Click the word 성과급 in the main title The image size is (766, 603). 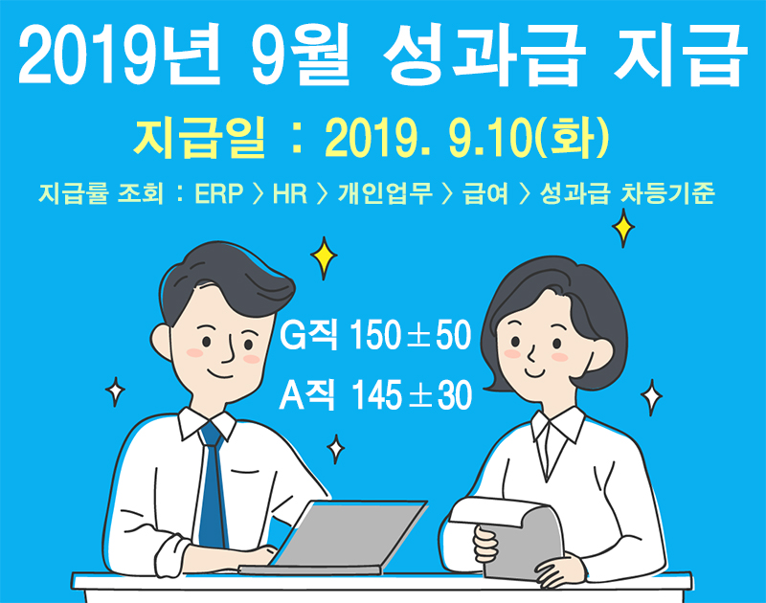(484, 55)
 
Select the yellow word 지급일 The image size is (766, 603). (199, 138)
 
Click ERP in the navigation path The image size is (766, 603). (219, 193)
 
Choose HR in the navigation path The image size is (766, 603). (290, 193)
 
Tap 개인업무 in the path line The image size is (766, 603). (385, 193)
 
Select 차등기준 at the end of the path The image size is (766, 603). (667, 193)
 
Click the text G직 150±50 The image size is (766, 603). (375, 335)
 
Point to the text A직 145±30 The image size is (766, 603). (375, 395)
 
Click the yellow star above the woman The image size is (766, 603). (623, 228)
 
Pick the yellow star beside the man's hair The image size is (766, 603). (324, 257)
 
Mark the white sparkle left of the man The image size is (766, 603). (115, 391)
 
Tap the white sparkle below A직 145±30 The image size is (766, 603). (336, 449)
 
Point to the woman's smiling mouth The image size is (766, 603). (534, 373)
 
